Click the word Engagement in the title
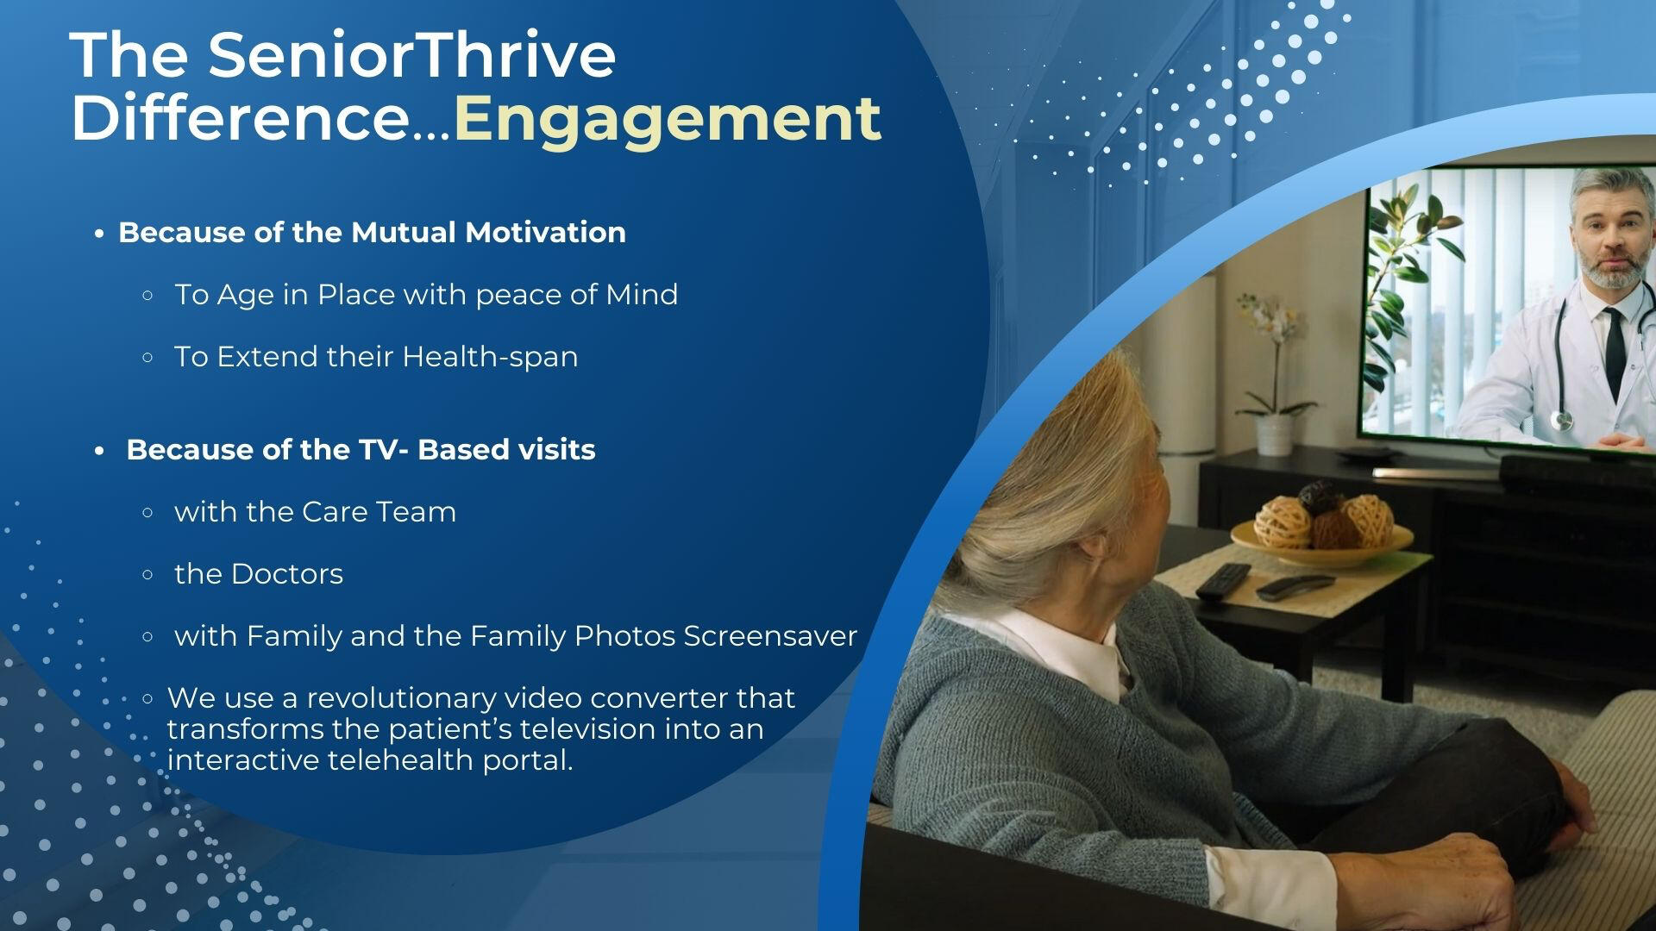(x=667, y=119)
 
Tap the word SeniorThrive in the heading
(x=411, y=54)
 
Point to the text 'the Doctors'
(x=259, y=573)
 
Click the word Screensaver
(x=770, y=635)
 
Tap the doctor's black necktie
(x=1614, y=341)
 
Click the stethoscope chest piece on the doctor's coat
(x=1562, y=420)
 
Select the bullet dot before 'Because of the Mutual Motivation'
(x=100, y=234)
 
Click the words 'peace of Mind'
(x=576, y=295)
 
